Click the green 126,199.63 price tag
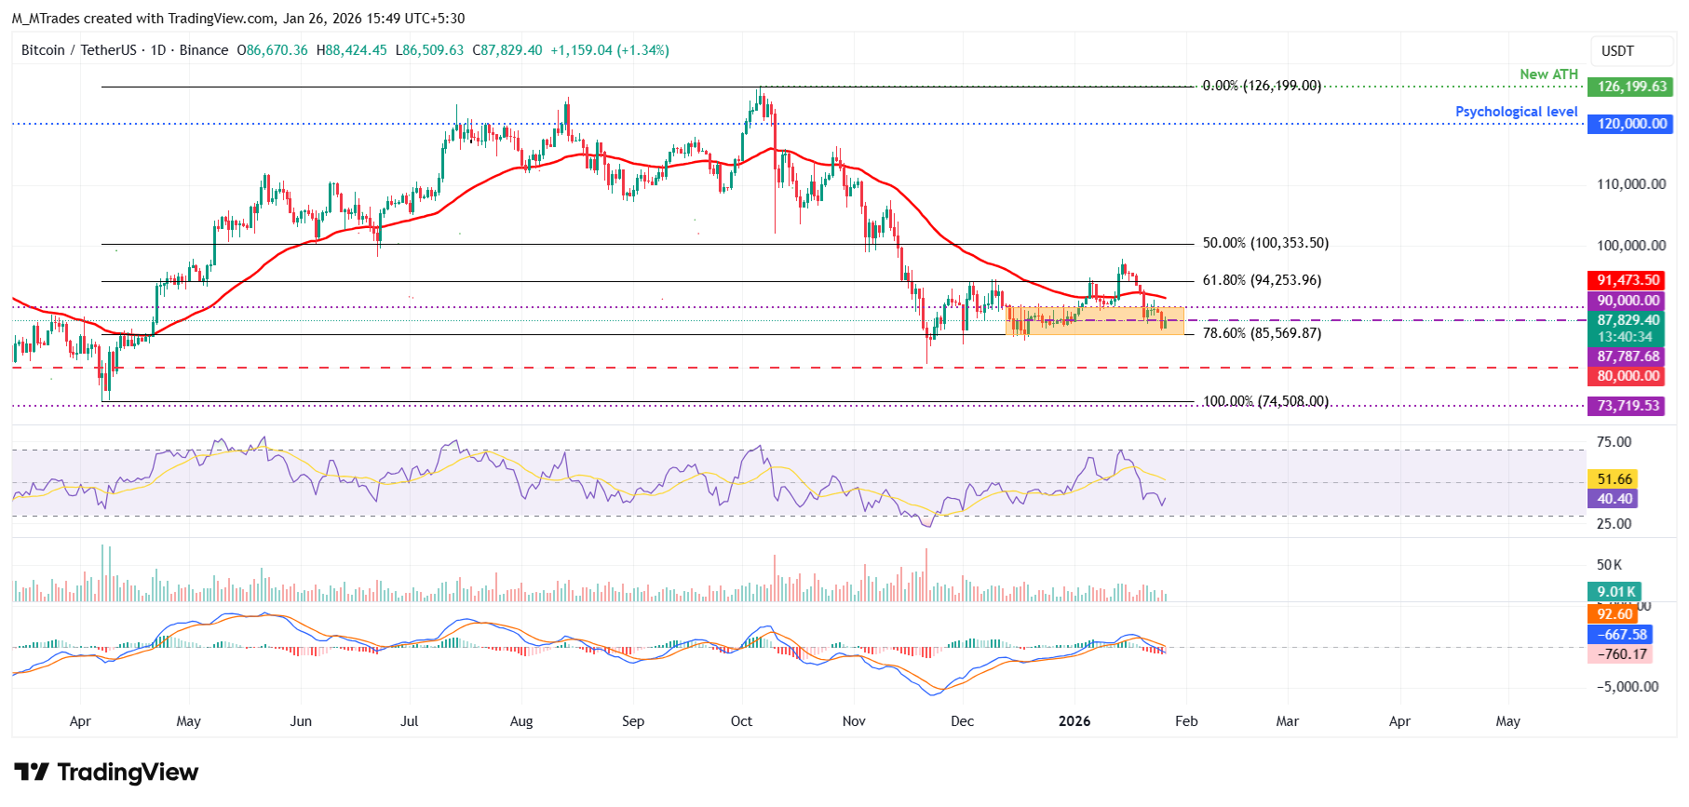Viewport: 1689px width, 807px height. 1630,87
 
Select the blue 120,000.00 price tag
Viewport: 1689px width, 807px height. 1630,124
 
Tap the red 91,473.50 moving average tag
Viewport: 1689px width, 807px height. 1628,280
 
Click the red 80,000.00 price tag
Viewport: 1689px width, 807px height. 1628,376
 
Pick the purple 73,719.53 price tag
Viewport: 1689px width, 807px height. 1628,406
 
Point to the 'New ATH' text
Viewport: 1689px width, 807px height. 1548,74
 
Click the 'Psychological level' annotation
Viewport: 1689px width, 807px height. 1516,112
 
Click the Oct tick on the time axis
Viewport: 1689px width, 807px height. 741,721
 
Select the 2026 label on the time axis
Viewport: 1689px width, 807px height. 1074,721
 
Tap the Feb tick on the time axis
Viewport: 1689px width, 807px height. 1186,721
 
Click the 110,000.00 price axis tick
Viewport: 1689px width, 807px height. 1631,184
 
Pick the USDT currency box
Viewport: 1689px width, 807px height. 1617,51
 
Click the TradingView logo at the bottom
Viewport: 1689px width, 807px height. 106,773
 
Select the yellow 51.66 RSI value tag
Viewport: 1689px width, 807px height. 1615,479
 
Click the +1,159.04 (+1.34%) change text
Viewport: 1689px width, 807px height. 609,50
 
